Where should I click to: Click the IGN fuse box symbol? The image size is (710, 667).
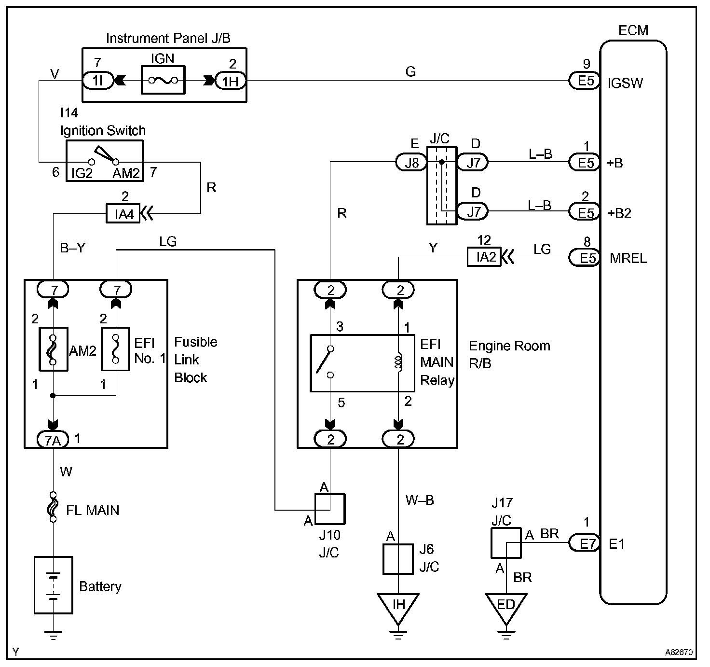click(x=163, y=80)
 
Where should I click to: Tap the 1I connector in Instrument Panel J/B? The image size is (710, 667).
click(x=98, y=81)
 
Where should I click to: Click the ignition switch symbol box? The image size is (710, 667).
click(x=104, y=161)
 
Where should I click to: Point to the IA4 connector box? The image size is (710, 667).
click(x=123, y=213)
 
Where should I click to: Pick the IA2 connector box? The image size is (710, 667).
click(x=484, y=257)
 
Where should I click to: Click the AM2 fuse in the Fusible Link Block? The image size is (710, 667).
click(x=53, y=349)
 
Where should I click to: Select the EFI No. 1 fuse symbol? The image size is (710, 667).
click(x=115, y=349)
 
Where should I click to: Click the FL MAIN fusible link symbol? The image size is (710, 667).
click(x=53, y=506)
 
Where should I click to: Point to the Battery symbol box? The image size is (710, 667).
click(x=53, y=585)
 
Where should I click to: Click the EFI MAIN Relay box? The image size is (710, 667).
click(x=362, y=362)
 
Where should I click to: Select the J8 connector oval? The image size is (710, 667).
click(x=411, y=162)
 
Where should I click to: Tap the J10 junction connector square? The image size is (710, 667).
click(x=330, y=509)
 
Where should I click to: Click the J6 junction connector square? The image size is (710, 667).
click(x=398, y=559)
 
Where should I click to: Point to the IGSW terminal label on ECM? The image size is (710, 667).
click(x=625, y=83)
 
